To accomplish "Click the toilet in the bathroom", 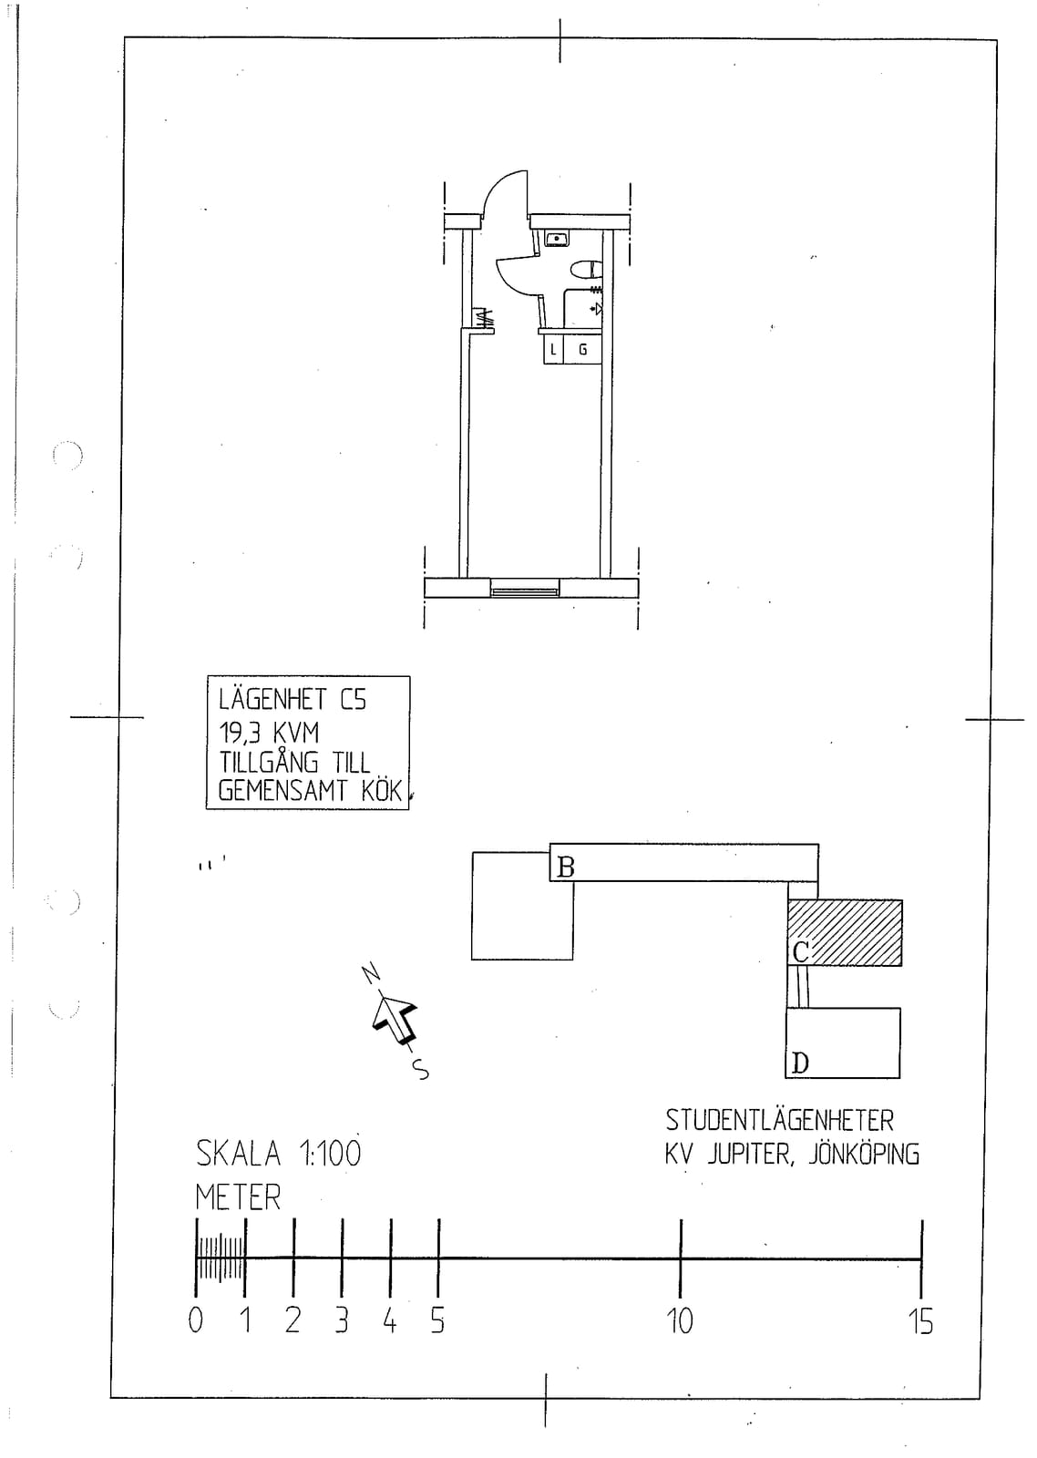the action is point(587,269).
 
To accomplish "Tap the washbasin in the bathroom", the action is point(558,238).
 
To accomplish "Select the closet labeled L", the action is point(553,350).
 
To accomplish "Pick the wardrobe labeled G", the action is point(582,350).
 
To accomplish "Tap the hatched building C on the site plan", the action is point(845,933).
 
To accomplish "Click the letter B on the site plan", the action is point(566,867).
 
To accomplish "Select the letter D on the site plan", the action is point(800,1063).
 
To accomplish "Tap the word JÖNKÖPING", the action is point(864,1172).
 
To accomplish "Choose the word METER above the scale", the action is point(238,1216).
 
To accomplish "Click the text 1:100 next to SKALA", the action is point(329,1173).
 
